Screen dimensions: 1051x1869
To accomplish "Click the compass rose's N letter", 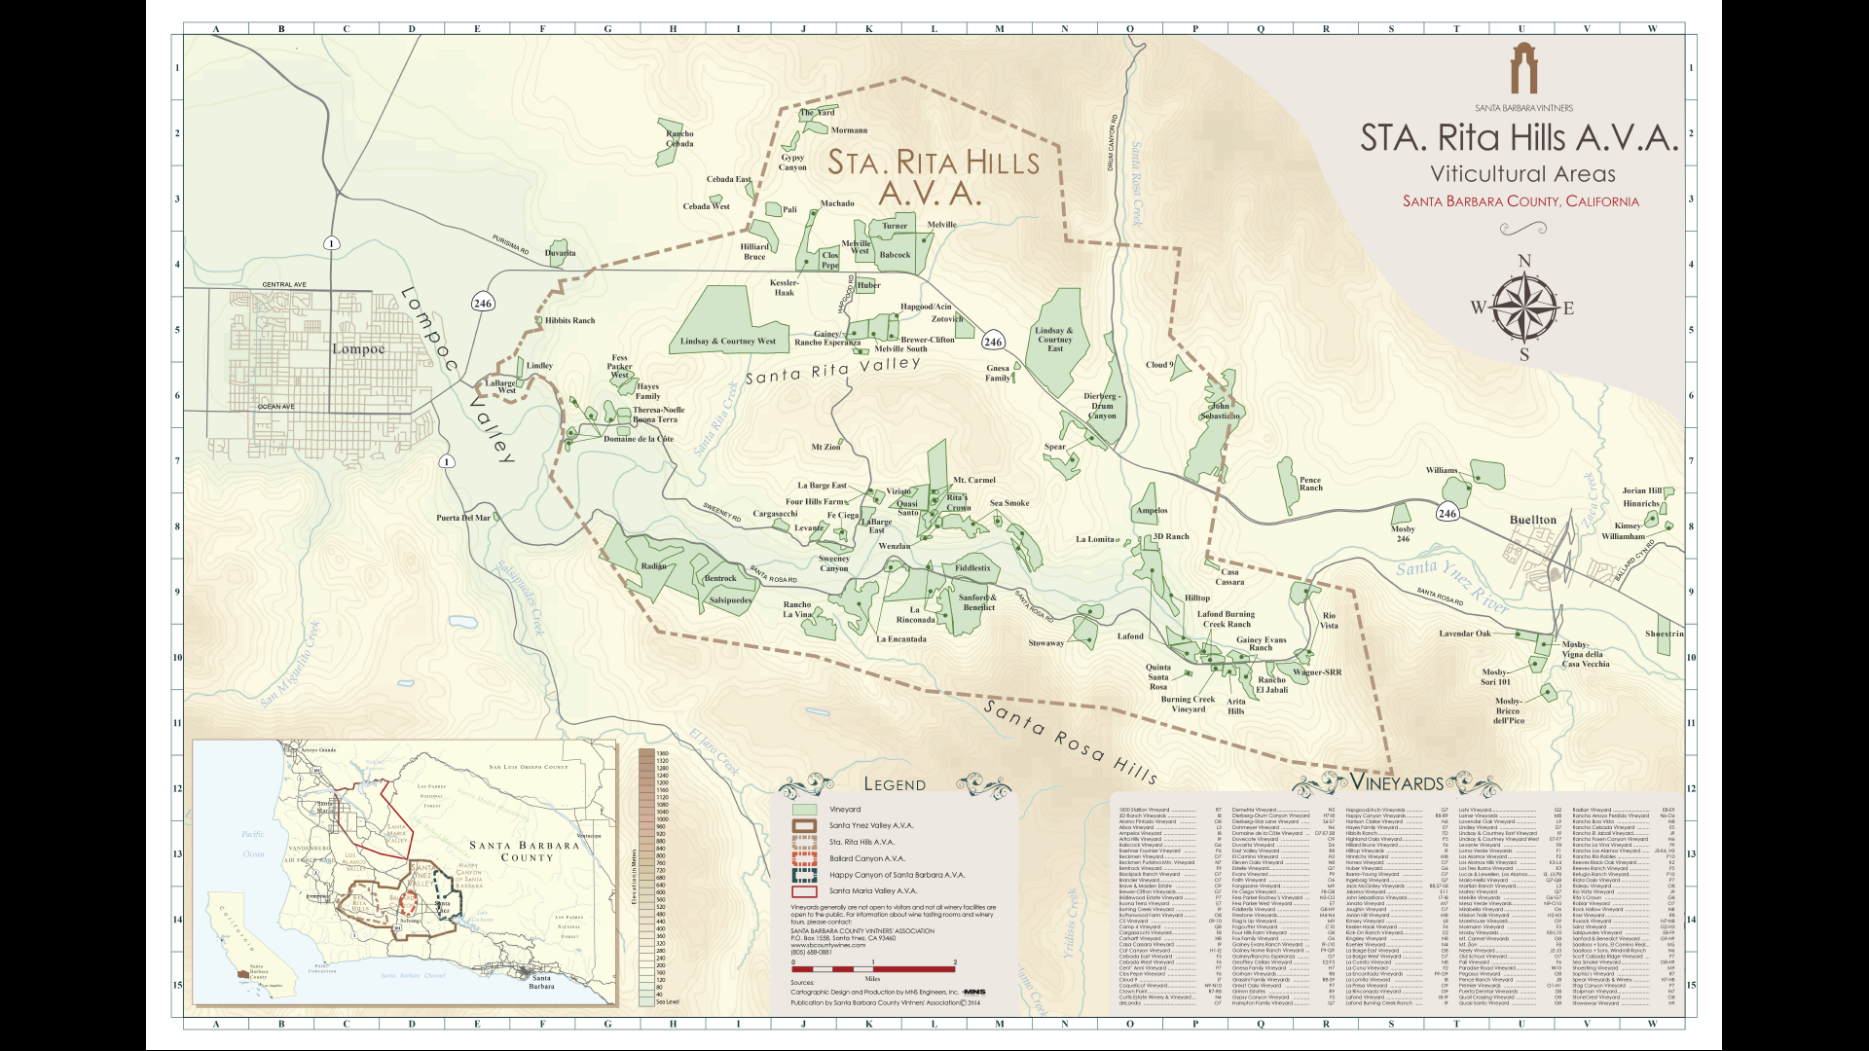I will coord(1524,261).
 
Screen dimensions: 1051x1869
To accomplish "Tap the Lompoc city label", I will coord(358,349).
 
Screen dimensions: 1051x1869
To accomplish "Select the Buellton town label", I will coord(1533,520).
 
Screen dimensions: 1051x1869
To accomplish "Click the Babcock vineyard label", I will coord(895,255).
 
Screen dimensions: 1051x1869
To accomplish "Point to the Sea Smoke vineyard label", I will coord(1009,503).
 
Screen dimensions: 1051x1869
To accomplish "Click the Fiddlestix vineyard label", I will coord(972,568).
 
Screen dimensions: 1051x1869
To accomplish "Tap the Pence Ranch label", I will coord(1310,484).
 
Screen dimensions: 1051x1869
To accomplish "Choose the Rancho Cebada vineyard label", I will coord(679,139).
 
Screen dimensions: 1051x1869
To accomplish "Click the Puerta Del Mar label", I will coord(463,518).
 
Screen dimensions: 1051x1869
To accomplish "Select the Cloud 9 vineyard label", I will coord(1159,365).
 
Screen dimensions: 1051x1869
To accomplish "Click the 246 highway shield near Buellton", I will coord(1448,514).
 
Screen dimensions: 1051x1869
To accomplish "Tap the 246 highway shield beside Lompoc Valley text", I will coord(483,304).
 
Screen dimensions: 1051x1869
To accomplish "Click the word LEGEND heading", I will coord(895,784).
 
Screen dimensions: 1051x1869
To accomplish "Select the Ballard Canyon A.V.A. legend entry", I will coord(866,858).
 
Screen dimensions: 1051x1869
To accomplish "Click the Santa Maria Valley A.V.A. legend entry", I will coord(872,890).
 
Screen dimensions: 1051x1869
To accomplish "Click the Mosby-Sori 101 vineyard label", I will coord(1495,677).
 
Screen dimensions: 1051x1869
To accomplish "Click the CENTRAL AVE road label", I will coord(284,285).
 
